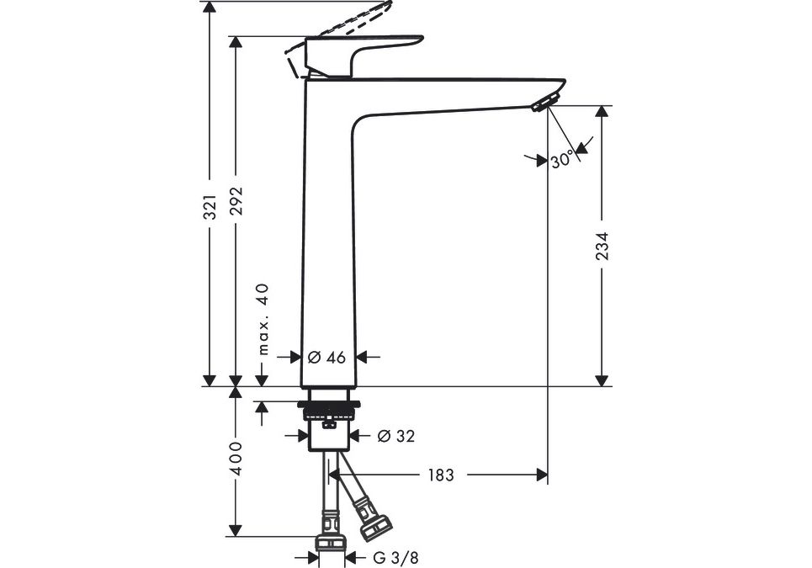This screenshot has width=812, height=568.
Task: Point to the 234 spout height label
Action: (x=602, y=246)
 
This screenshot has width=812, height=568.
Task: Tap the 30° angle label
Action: (x=563, y=158)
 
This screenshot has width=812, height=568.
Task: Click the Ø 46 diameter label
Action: (x=326, y=357)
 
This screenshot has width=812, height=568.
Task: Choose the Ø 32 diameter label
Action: (x=395, y=436)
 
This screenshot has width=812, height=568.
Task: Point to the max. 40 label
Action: (x=263, y=319)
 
